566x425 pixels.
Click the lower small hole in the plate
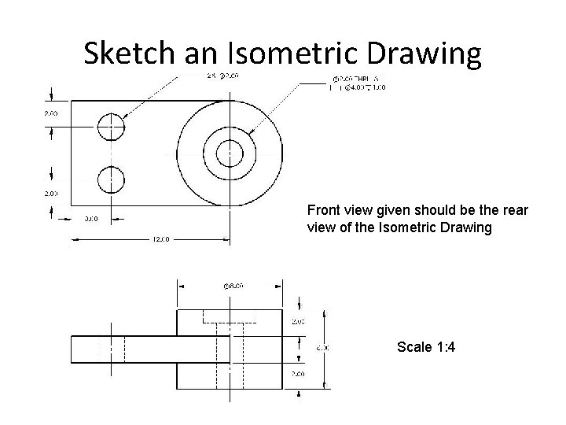coord(111,180)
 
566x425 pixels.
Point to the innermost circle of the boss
coord(230,153)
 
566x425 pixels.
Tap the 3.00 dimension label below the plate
coord(90,219)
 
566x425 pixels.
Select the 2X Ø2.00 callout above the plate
coord(206,76)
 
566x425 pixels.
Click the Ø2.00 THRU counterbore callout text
coord(355,79)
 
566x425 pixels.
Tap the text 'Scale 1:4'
coord(425,346)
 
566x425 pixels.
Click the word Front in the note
coord(324,211)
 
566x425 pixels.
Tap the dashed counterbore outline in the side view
coord(230,316)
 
